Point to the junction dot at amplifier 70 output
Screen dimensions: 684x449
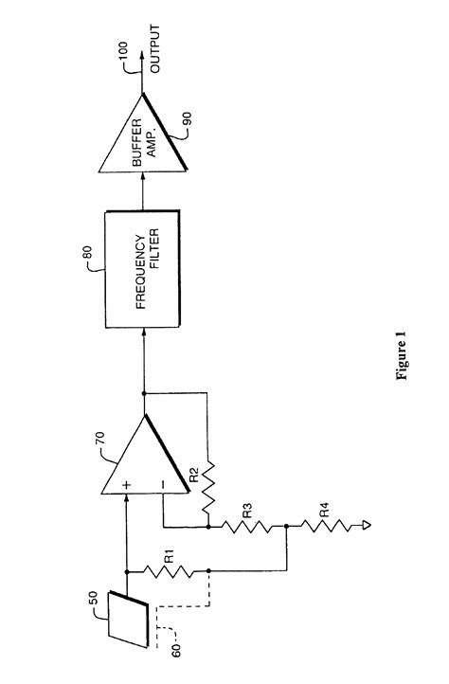pos(145,393)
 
